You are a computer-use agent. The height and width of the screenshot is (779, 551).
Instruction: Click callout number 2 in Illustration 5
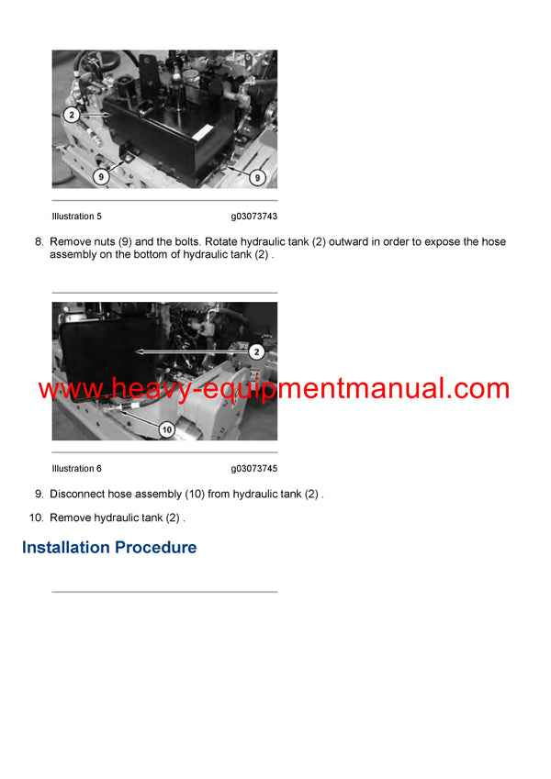pyautogui.click(x=70, y=116)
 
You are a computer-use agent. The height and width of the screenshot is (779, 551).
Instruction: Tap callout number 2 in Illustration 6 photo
pyautogui.click(x=256, y=351)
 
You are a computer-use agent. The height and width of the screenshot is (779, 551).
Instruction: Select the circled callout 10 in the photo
pyautogui.click(x=166, y=428)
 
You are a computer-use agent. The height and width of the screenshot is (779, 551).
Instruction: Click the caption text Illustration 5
pyautogui.click(x=77, y=217)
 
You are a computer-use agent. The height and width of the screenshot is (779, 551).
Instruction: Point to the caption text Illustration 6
pyautogui.click(x=77, y=469)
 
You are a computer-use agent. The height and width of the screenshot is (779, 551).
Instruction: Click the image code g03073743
pyautogui.click(x=254, y=217)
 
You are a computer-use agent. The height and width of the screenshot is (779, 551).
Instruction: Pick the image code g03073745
pyautogui.click(x=254, y=469)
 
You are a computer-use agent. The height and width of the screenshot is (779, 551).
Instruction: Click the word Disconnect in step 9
pyautogui.click(x=80, y=495)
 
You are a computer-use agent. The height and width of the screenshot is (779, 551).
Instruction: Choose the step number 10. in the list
pyautogui.click(x=36, y=517)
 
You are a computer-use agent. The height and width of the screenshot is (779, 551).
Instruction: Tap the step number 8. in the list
pyautogui.click(x=39, y=242)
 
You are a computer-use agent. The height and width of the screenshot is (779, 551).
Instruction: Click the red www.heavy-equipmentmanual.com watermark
pyautogui.click(x=274, y=388)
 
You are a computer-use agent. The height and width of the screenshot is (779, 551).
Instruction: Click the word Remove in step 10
pyautogui.click(x=71, y=517)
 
